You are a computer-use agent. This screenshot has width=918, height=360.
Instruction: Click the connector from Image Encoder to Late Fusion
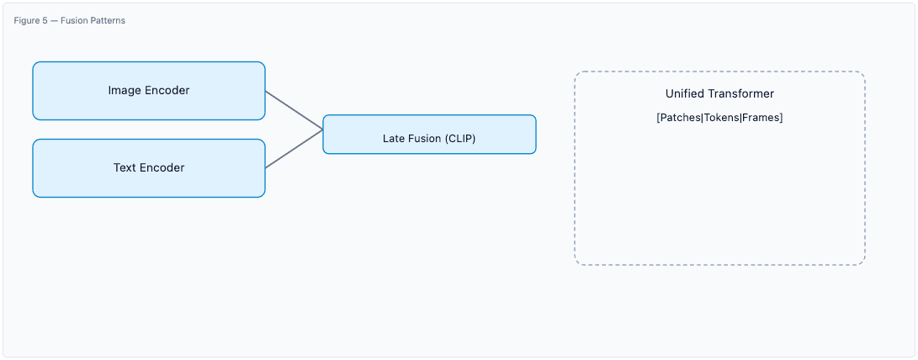[294, 110]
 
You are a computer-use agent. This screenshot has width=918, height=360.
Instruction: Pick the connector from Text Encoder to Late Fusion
[294, 149]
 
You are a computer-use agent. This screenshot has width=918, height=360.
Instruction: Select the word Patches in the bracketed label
[680, 118]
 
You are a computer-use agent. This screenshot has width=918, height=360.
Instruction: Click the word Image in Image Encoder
[125, 90]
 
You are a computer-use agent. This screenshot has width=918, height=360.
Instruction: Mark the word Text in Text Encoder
[125, 167]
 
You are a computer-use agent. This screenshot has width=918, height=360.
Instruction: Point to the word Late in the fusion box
[394, 139]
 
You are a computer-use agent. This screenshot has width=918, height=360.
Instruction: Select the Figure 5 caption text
[69, 20]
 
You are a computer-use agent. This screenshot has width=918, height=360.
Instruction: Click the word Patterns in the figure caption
[107, 20]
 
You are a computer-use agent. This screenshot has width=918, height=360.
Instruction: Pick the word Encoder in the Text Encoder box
[162, 167]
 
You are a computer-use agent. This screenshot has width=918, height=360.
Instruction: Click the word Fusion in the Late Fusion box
[425, 139]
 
